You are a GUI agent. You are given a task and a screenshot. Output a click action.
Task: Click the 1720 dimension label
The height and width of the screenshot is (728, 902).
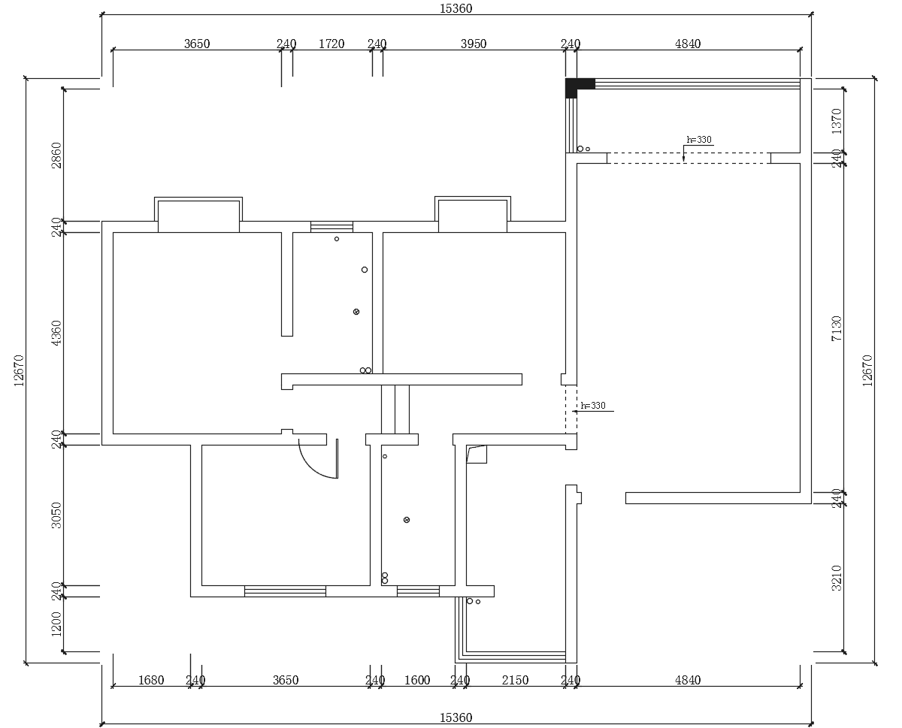pos(331,44)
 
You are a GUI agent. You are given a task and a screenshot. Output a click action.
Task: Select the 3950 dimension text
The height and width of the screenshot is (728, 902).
pos(474,44)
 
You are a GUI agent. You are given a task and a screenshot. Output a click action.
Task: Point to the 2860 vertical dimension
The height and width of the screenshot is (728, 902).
pos(56,156)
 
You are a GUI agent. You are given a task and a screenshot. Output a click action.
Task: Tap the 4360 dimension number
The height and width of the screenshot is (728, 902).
pos(56,333)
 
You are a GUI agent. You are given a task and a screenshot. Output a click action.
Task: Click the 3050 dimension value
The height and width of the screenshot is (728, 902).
pos(56,515)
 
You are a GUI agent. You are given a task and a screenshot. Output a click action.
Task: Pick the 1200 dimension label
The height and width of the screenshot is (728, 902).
pos(56,624)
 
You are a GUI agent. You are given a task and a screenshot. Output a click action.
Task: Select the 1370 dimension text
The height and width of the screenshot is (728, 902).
pos(837,121)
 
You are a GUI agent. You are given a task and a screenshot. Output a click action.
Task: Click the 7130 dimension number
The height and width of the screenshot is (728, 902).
pos(837,328)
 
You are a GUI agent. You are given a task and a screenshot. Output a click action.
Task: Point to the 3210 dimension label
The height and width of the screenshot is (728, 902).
pos(837,578)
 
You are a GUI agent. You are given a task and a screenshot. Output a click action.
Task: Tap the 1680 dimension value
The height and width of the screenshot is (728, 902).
pos(151,680)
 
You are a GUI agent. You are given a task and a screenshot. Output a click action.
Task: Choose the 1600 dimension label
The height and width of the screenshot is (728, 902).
pos(417,680)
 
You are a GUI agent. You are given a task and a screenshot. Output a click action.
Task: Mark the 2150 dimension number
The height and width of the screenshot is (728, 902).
pos(516,680)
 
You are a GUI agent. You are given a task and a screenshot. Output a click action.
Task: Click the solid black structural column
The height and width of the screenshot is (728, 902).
pos(573,86)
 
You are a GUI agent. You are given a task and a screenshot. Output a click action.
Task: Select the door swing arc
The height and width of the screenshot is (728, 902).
pos(313,469)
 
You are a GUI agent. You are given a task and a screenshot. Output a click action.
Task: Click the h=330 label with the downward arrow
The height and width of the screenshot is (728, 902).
pos(699,140)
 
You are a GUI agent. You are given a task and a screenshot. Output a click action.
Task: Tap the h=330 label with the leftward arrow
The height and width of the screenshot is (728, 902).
pos(593,406)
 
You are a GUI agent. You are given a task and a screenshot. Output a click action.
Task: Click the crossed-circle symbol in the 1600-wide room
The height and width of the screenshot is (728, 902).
pos(407,520)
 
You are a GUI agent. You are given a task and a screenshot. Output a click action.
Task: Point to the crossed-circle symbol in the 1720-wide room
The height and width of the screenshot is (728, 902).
pos(356,312)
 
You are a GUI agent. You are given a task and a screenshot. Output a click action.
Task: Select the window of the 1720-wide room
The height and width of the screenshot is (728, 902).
pos(331,227)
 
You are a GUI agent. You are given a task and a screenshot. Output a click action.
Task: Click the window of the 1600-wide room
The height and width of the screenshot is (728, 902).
pos(418,591)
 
